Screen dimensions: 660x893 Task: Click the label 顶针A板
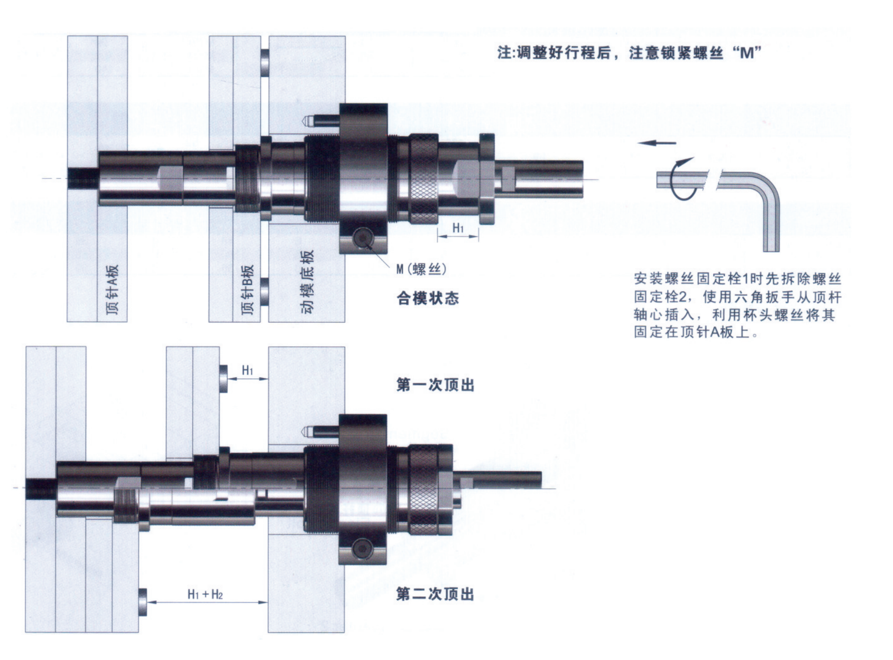112,289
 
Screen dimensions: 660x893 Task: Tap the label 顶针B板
247,289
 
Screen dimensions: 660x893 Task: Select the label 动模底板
307,282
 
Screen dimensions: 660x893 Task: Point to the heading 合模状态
428,298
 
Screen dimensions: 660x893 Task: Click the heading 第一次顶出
435,385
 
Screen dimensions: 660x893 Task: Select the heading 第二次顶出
435,594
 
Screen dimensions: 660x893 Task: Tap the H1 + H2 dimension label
205,594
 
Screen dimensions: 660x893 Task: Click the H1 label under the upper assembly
458,228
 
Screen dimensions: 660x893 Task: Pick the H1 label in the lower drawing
247,370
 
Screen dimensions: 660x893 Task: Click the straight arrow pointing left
656,143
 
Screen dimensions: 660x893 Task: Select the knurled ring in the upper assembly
424,179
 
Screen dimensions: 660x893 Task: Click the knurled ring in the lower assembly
423,489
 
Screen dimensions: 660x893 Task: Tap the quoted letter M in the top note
748,53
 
